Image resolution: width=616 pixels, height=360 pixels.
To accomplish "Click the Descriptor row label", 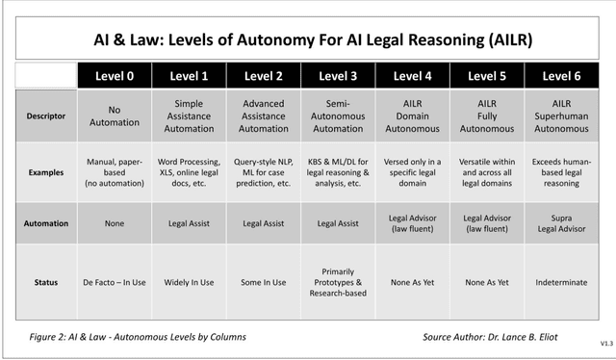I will click(45, 116).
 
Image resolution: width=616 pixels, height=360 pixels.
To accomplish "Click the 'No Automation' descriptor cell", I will click(115, 116).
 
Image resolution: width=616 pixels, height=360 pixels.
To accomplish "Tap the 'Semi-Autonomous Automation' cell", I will click(338, 116).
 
